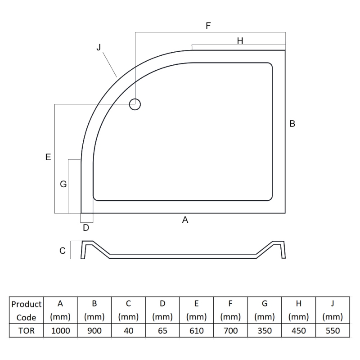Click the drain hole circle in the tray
click(x=135, y=99)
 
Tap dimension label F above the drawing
click(x=208, y=26)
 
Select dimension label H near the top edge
click(x=240, y=40)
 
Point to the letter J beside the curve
click(x=99, y=47)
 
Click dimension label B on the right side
click(x=292, y=123)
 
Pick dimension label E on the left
click(x=48, y=157)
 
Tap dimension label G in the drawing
click(x=63, y=184)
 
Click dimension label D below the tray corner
click(x=86, y=228)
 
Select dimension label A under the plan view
click(x=185, y=220)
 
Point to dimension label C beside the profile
click(x=63, y=251)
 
